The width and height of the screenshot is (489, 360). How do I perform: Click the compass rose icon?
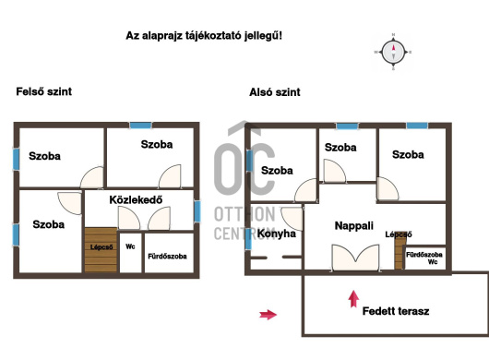click(x=393, y=52)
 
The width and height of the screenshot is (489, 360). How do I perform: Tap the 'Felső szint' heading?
click(x=44, y=91)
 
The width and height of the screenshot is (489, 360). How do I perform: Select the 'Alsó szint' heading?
click(x=275, y=92)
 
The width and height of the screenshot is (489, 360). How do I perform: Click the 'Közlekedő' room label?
click(x=136, y=199)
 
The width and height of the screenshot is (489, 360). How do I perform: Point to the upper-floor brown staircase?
click(x=101, y=250)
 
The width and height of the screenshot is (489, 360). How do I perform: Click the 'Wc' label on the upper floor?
click(x=130, y=246)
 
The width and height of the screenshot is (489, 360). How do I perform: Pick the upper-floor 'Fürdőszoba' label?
click(x=167, y=256)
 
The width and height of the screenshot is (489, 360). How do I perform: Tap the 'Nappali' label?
click(x=354, y=225)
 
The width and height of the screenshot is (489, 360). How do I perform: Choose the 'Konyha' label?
click(x=277, y=234)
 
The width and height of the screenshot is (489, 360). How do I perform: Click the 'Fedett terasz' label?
click(x=396, y=311)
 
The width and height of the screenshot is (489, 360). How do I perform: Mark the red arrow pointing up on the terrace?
click(x=353, y=299)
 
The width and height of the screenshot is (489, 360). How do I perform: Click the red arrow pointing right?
click(x=268, y=315)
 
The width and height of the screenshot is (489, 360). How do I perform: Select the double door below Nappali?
click(x=355, y=258)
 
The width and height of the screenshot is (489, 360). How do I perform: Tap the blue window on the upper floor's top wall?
click(x=140, y=126)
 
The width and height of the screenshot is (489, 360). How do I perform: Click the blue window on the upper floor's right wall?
click(x=197, y=211)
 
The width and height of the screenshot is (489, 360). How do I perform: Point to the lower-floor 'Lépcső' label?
click(x=399, y=234)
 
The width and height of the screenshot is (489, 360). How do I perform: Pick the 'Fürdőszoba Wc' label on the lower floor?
click(x=424, y=258)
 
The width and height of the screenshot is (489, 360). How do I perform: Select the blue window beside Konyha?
click(x=248, y=238)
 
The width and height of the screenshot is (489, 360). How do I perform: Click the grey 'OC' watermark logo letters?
click(x=244, y=169)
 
